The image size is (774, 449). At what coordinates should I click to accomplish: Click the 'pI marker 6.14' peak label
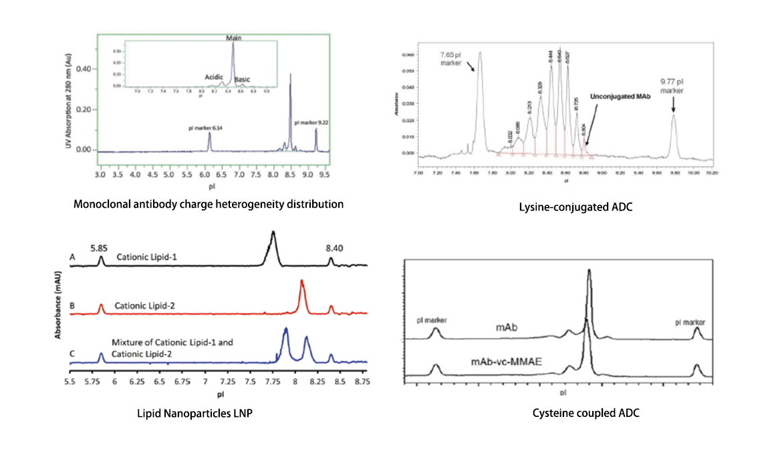point(209,126)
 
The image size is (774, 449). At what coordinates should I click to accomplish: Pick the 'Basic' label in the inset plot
point(243,80)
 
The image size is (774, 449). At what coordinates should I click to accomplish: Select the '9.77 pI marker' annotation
point(672,86)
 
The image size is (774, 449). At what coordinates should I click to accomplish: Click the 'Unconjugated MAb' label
point(620,96)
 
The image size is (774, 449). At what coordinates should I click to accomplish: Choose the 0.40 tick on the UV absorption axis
point(83,69)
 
